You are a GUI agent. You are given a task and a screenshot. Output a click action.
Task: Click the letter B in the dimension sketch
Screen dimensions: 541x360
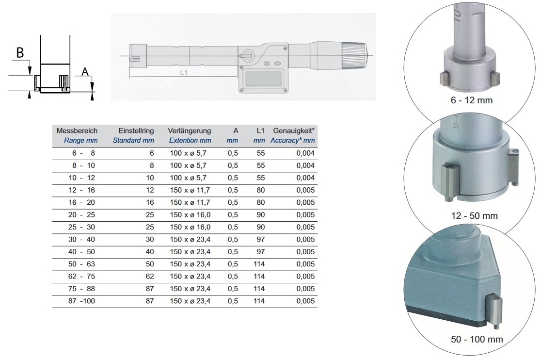20,52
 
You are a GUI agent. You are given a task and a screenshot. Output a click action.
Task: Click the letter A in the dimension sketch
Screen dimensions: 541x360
85,72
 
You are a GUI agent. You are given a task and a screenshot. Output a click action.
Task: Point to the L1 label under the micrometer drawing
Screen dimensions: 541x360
184,72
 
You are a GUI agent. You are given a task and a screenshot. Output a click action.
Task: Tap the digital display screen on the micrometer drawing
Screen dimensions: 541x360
264,80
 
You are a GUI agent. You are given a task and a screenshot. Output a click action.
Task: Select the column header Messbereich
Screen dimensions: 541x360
77,131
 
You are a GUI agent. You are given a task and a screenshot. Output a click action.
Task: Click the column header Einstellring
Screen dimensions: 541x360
136,131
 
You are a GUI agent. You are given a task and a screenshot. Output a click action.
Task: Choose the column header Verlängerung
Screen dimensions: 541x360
190,131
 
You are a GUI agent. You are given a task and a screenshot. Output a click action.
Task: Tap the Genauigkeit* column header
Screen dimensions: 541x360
294,131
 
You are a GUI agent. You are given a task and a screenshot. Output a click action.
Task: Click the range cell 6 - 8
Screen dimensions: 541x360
83,153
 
